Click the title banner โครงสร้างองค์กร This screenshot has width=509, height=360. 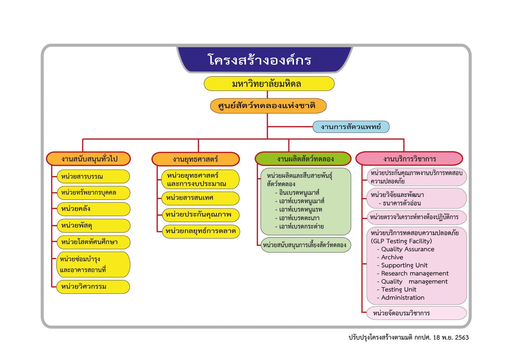[259, 60]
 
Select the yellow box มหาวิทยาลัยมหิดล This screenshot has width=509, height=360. [267, 84]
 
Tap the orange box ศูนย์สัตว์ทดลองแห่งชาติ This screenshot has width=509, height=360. [267, 106]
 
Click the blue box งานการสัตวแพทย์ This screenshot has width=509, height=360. [351, 127]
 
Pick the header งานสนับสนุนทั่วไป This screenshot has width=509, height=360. [89, 159]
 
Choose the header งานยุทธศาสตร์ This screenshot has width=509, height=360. [196, 159]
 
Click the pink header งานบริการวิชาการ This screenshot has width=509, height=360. [410, 159]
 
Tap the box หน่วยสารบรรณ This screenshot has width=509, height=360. [93, 176]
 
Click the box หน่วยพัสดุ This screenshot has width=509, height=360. [93, 226]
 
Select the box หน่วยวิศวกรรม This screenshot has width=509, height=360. [93, 287]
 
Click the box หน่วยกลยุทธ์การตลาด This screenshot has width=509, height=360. [200, 231]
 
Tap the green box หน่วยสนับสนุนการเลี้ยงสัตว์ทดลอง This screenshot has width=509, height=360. [305, 245]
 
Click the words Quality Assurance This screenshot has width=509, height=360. [407, 249]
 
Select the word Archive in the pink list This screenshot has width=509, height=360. [392, 257]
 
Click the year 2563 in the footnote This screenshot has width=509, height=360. [462, 337]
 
